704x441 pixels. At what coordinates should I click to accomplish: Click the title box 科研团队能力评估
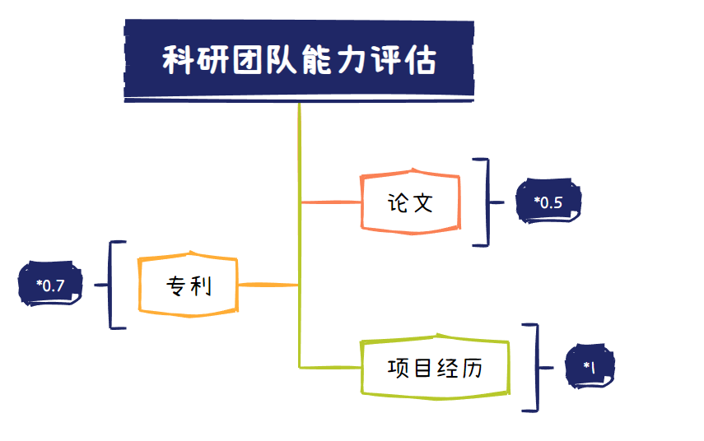click(299, 61)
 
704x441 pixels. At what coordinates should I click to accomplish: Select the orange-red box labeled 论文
click(410, 202)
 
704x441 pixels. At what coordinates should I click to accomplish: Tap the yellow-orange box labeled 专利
click(188, 285)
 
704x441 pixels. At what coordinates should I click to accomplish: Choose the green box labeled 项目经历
click(435, 366)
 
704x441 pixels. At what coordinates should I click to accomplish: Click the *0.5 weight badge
click(548, 201)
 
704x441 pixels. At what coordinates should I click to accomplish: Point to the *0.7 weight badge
click(50, 284)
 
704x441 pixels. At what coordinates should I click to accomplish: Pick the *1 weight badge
click(590, 366)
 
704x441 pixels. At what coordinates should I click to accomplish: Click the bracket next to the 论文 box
click(488, 202)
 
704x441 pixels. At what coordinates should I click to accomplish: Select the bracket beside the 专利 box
click(110, 285)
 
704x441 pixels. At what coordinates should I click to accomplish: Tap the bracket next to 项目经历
click(538, 368)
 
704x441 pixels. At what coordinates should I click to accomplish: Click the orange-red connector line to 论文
click(331, 202)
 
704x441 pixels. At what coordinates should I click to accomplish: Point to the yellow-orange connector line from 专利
click(268, 285)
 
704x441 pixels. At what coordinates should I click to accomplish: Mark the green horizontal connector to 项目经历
click(331, 368)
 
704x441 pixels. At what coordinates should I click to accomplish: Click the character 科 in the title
click(178, 60)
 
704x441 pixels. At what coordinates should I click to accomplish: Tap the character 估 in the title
click(420, 60)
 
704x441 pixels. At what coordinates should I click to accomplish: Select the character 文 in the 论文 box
click(423, 203)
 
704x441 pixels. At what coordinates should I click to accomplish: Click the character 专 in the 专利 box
click(175, 285)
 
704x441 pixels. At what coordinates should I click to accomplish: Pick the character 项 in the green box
click(397, 368)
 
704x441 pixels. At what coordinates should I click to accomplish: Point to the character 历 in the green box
click(472, 368)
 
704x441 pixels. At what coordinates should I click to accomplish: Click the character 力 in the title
click(351, 60)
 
